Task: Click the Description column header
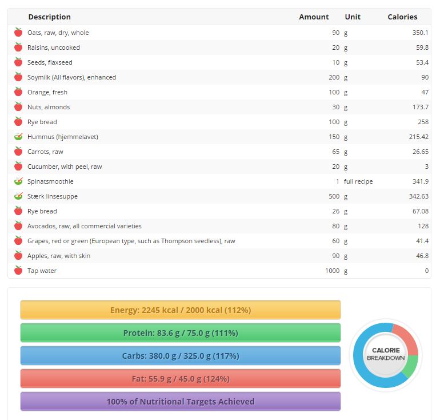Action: click(x=49, y=17)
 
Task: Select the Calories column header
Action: click(x=402, y=17)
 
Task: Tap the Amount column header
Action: click(x=314, y=17)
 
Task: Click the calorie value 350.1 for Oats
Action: click(x=420, y=33)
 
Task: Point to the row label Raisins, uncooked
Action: click(x=54, y=47)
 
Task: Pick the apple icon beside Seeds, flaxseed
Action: click(x=18, y=62)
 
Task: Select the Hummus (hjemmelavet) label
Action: click(x=63, y=137)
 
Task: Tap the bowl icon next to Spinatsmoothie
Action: click(x=18, y=181)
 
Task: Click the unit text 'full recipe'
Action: click(x=358, y=181)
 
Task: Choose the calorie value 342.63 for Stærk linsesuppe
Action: click(x=418, y=196)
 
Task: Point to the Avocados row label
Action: click(x=85, y=226)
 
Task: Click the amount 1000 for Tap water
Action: click(x=332, y=271)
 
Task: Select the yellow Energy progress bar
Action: click(x=181, y=310)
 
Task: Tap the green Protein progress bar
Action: click(x=181, y=333)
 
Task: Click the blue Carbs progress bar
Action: click(x=181, y=356)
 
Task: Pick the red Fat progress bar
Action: click(x=181, y=379)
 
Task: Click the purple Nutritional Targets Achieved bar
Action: click(x=181, y=402)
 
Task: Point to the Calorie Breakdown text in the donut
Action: click(x=386, y=354)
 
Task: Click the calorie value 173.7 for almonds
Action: click(x=420, y=107)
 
